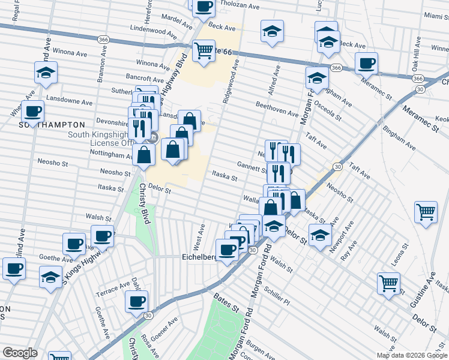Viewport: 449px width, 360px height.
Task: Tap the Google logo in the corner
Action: pyautogui.click(x=20, y=353)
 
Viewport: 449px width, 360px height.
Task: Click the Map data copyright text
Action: pyautogui.click(x=412, y=355)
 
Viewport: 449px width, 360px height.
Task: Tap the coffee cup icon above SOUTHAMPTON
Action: pyautogui.click(x=32, y=111)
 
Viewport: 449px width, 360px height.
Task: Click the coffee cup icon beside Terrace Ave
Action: pyautogui.click(x=136, y=301)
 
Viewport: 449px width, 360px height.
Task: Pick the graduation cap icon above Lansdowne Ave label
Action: pyautogui.click(x=46, y=72)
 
